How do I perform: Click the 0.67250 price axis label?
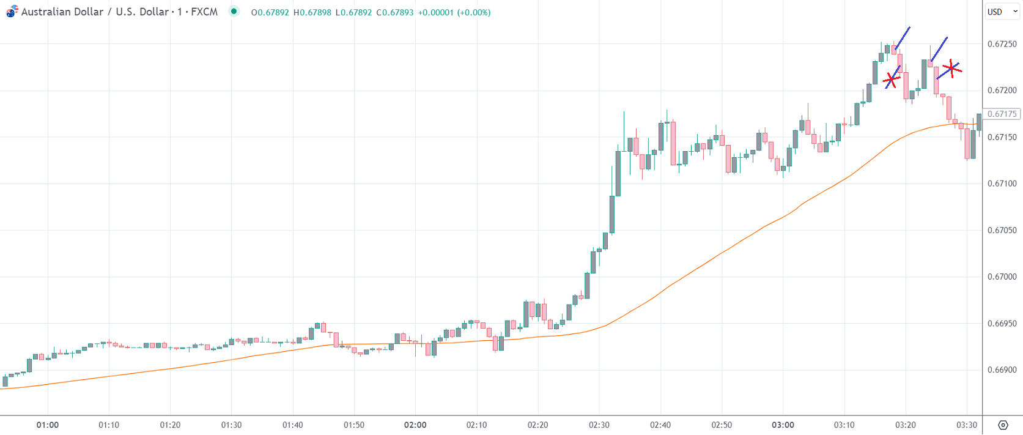pos(1002,44)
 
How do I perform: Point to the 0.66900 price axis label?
pos(1002,370)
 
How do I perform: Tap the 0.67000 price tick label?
pos(1002,277)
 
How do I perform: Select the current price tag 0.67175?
pos(1002,114)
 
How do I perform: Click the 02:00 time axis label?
pos(415,425)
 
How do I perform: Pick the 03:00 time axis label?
pos(783,425)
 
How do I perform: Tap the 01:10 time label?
pos(109,425)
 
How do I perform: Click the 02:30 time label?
pos(599,425)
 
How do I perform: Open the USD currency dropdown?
pos(1002,12)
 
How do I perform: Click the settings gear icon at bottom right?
pos(1003,425)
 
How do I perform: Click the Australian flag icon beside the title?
pos(12,12)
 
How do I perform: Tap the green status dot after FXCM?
pos(234,11)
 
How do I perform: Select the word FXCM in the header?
pos(204,12)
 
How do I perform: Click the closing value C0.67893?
pos(395,12)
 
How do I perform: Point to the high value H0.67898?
pos(312,12)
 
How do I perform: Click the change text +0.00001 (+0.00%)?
pos(454,12)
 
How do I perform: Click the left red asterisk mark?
pos(892,80)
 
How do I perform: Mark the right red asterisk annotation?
pos(951,68)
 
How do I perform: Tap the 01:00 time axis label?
pos(48,425)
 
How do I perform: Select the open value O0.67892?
pos(270,12)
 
